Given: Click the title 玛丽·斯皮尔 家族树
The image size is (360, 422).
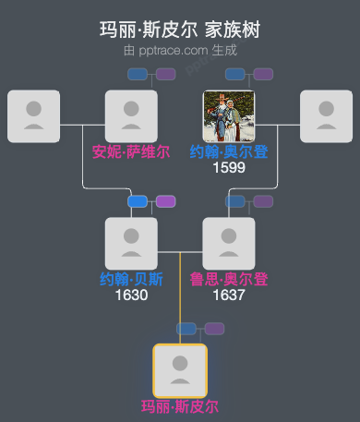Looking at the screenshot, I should click(x=180, y=30).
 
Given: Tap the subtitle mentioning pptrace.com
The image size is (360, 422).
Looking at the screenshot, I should click(x=180, y=51).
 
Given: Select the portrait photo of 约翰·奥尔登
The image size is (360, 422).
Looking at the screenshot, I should click(x=228, y=116).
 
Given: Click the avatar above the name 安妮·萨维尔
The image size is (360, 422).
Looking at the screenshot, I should click(x=131, y=116).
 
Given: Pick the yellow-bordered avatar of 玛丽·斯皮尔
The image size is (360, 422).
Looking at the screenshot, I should click(x=180, y=370).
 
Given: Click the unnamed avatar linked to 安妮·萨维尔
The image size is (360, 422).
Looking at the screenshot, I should click(x=33, y=116).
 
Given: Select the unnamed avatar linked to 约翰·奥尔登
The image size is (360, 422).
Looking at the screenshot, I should click(x=327, y=116).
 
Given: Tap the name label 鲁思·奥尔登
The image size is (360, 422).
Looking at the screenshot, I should click(x=228, y=279).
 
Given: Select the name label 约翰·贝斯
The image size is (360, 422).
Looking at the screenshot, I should click(x=131, y=279).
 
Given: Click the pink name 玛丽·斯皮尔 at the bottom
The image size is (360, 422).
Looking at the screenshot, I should click(x=180, y=406).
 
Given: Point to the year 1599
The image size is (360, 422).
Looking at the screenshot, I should click(x=228, y=168).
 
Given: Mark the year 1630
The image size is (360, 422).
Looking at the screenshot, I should click(x=131, y=295).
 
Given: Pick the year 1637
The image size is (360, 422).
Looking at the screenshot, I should click(x=228, y=295).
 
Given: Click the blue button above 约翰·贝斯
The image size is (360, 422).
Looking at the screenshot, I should click(x=138, y=201).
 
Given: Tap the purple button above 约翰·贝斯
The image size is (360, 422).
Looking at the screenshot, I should click(x=166, y=201).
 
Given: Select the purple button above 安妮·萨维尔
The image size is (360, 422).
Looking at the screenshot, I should click(x=166, y=74).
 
